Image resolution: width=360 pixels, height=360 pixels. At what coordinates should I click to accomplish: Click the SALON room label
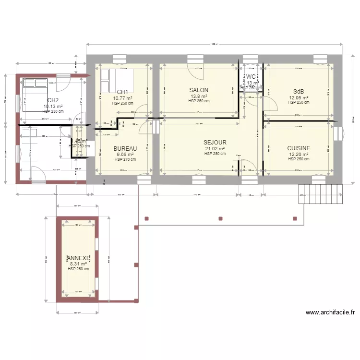pyautogui.click(x=199, y=90)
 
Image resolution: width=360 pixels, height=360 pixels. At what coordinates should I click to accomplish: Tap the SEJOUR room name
pyautogui.click(x=215, y=143)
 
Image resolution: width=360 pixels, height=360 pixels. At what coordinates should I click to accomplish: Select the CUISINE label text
pyautogui.click(x=299, y=148)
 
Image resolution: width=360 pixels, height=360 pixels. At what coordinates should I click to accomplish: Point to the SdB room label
pyautogui.click(x=299, y=92)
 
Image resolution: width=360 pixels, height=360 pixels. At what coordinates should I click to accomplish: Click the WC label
pyautogui.click(x=251, y=77)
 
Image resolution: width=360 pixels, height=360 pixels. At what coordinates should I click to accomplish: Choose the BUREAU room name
pyautogui.click(x=125, y=149)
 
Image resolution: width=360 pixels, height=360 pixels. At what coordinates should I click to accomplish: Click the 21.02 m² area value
pyautogui.click(x=215, y=149)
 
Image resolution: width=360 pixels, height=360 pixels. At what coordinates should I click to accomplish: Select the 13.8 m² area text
pyautogui.click(x=199, y=96)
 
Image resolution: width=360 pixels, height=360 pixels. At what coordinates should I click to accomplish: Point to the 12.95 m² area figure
pyautogui.click(x=299, y=97)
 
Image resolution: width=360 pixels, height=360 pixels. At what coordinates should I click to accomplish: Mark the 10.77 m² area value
pyautogui.click(x=122, y=98)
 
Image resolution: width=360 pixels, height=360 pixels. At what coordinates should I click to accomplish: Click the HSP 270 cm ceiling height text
pyautogui.click(x=125, y=159)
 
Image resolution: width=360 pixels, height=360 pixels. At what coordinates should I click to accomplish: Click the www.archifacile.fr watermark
pyautogui.click(x=330, y=312)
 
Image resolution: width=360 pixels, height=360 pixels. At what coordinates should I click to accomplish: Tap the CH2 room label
pyautogui.click(x=53, y=100)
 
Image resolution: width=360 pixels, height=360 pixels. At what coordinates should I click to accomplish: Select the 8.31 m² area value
pyautogui.click(x=78, y=264)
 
